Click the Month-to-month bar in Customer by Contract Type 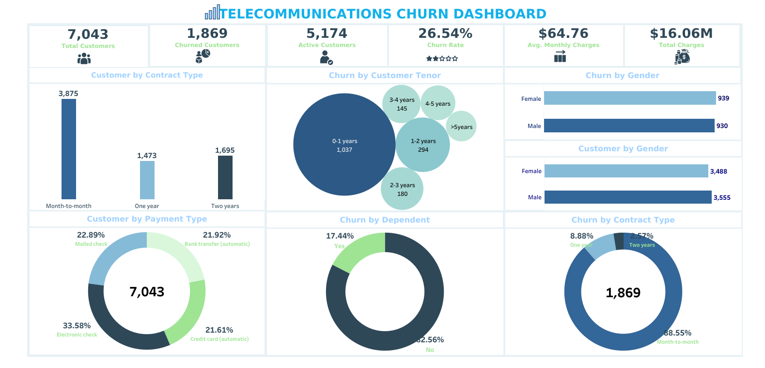[69, 149]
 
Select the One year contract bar [147, 180]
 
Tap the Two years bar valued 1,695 [225, 177]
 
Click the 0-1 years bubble [344, 144]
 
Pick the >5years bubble [461, 127]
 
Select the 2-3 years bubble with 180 [402, 189]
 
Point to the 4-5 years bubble [438, 103]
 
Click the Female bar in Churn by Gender [629, 98]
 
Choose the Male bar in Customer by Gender [627, 197]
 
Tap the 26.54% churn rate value [445, 33]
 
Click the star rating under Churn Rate [442, 59]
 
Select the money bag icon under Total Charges [682, 57]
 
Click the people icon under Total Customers [84, 59]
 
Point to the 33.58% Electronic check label [77, 326]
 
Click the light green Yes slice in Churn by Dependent [359, 250]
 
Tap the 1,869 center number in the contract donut [623, 293]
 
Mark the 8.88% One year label [581, 236]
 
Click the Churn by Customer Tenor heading [385, 76]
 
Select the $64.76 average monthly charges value [563, 33]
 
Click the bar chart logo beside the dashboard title [212, 13]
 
